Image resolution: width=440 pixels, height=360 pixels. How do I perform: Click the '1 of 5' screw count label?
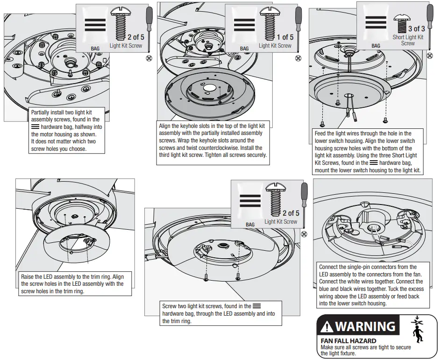(284, 37)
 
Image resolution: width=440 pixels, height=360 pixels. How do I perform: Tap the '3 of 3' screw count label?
(413, 29)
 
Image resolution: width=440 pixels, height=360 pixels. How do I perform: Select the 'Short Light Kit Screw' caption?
(408, 40)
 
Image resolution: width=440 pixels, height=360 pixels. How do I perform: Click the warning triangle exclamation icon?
(327, 327)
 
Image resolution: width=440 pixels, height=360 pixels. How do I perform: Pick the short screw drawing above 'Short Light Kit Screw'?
(401, 20)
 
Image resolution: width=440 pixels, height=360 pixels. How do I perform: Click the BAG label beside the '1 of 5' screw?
(244, 48)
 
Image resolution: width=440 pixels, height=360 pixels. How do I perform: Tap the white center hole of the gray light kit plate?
(210, 88)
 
